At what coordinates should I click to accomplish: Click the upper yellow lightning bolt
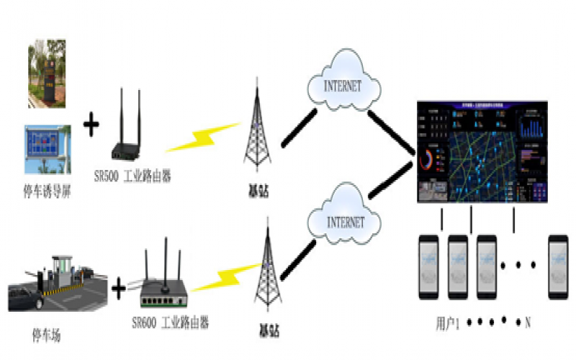[x=204, y=138]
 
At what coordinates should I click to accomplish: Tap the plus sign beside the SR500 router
[x=91, y=127]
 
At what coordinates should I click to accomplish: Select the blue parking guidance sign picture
[x=48, y=149]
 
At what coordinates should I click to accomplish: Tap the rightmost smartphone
[x=558, y=266]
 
